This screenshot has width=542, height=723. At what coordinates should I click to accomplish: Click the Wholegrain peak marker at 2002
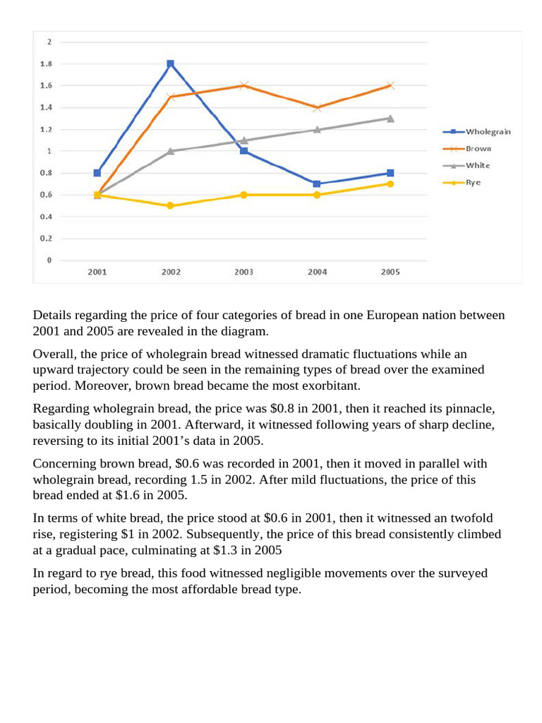[x=170, y=64]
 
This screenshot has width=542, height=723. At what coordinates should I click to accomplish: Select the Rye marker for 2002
[x=170, y=205]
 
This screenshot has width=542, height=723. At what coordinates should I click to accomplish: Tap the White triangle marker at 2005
[x=390, y=118]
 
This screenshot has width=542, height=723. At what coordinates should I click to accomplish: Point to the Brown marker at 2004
[x=318, y=107]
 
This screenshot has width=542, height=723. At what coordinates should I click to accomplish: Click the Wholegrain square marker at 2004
[x=318, y=184]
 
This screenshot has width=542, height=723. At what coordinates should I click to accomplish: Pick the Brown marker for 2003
[x=244, y=85]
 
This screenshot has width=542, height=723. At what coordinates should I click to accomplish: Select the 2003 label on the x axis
[x=244, y=272]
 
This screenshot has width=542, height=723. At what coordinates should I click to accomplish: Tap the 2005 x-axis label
[x=390, y=272]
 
